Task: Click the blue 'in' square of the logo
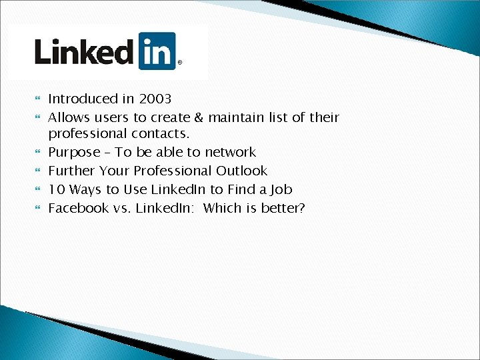(x=157, y=51)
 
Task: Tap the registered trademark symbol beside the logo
(x=179, y=64)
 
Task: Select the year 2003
(x=155, y=99)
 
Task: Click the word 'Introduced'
(x=83, y=99)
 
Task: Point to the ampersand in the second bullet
(x=199, y=118)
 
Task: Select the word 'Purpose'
(x=73, y=153)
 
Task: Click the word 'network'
(x=230, y=153)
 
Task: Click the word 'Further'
(x=72, y=171)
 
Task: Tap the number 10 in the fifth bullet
(x=56, y=190)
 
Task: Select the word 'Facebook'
(x=79, y=209)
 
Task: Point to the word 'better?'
(x=283, y=209)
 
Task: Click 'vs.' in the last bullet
(x=122, y=209)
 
